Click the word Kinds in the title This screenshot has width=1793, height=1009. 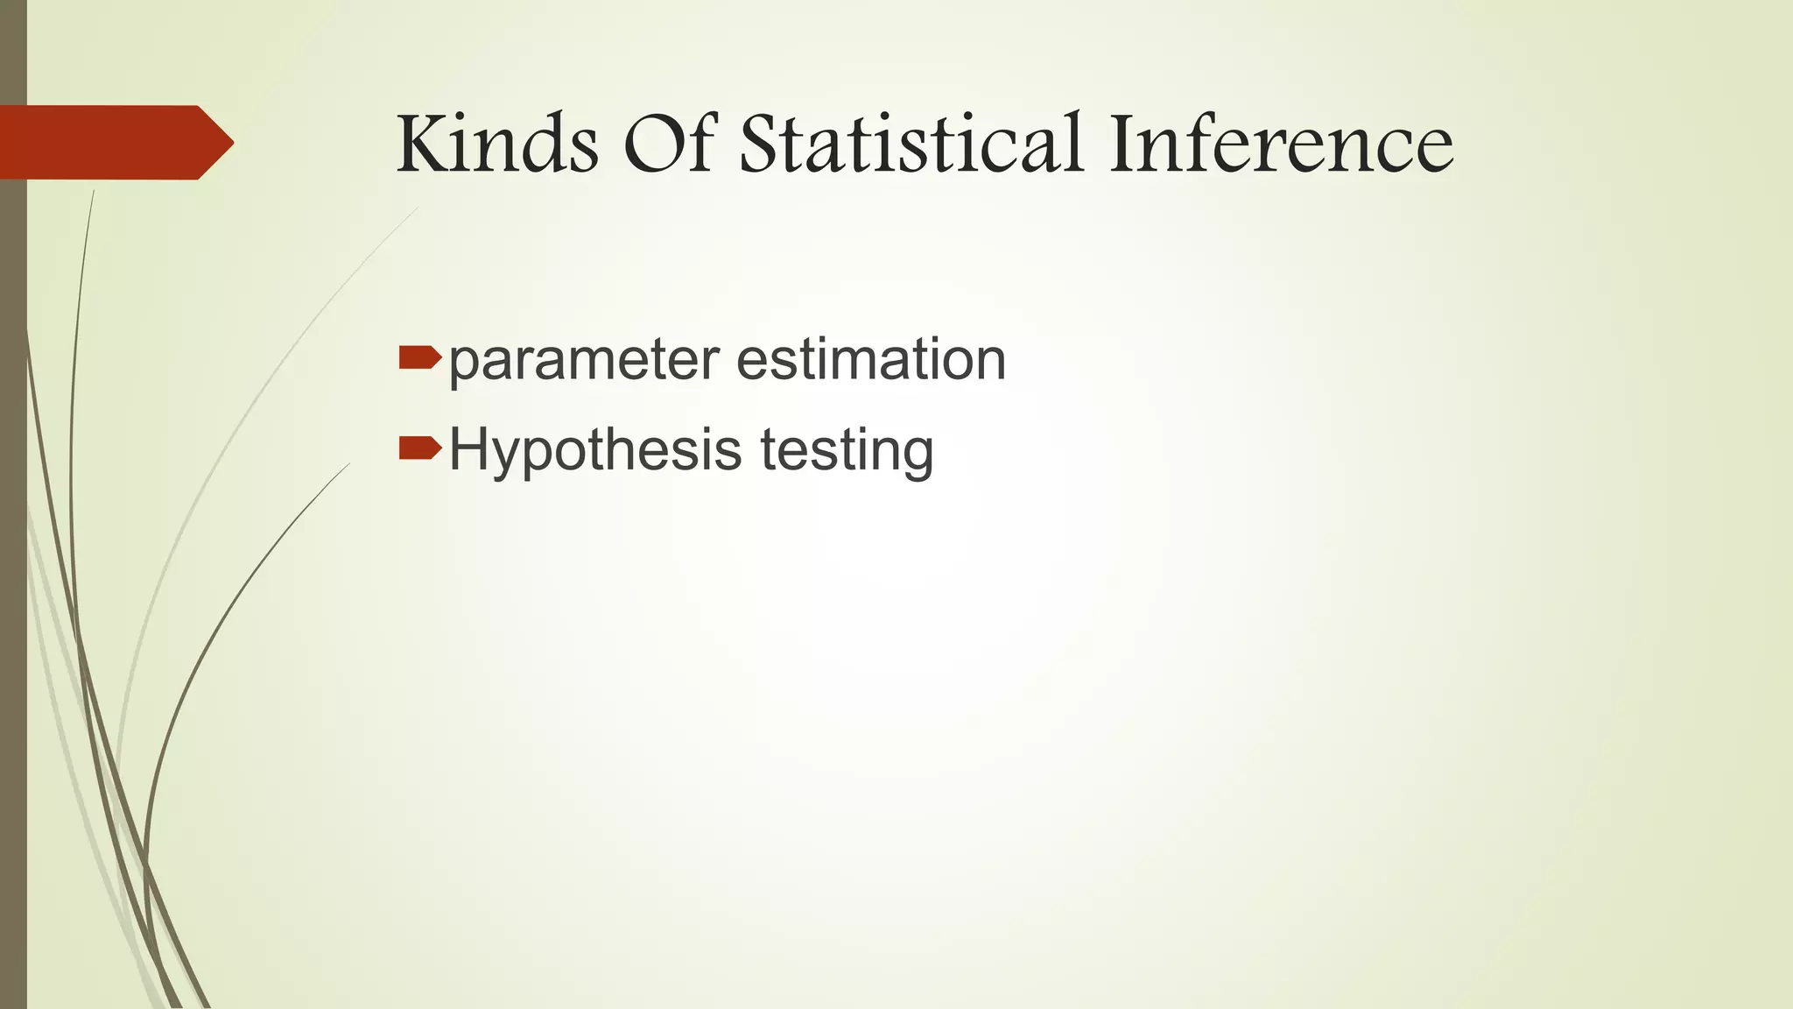pyautogui.click(x=497, y=144)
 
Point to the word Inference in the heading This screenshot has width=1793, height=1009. pyautogui.click(x=1280, y=144)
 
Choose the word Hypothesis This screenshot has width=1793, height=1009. pyautogui.click(x=595, y=452)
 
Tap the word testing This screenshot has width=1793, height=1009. pyautogui.click(x=847, y=452)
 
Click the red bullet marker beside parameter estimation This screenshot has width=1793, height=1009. pyautogui.click(x=419, y=357)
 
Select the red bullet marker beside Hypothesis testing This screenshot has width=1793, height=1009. pyautogui.click(x=419, y=448)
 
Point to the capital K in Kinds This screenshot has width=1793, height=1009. pyautogui.click(x=424, y=144)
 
